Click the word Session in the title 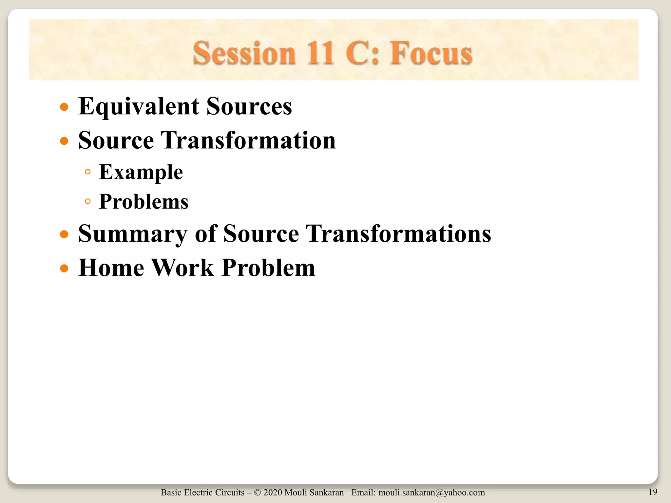tap(244, 53)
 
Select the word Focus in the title tap(431, 53)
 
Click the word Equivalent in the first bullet tap(139, 107)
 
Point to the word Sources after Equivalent tap(249, 107)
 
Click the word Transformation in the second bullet tap(248, 140)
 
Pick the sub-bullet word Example tap(141, 172)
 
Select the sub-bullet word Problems tap(144, 202)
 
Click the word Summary tap(133, 234)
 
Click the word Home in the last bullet tap(111, 268)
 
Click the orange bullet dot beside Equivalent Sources tap(64, 107)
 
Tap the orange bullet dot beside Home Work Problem tap(64, 269)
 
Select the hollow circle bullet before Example tap(87, 172)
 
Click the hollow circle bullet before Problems tap(87, 201)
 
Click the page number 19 tap(653, 492)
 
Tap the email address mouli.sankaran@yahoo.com tap(431, 493)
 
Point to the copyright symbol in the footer tap(257, 493)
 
